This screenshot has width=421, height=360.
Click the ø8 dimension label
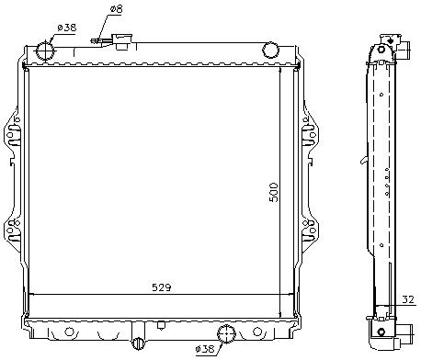116,9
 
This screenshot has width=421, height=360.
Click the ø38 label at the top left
67,28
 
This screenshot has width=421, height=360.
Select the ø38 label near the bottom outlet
205,348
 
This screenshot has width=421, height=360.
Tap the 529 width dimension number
162,287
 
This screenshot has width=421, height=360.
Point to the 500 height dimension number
274,192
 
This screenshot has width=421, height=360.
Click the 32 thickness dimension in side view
408,299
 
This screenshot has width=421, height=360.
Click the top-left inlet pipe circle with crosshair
46,51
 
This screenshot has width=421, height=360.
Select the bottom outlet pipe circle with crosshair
226,334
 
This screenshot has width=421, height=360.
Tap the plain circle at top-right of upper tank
270,51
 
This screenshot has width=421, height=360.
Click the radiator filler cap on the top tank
122,41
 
